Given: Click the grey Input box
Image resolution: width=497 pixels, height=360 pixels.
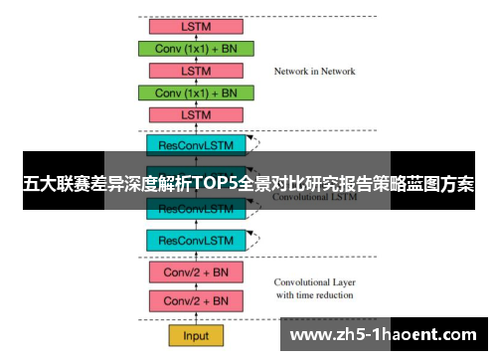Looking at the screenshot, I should pyautogui.click(x=196, y=334).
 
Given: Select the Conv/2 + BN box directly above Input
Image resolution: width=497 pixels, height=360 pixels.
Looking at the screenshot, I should pyautogui.click(x=196, y=301).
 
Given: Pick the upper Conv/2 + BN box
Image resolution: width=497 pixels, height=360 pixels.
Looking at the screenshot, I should pyautogui.click(x=196, y=270).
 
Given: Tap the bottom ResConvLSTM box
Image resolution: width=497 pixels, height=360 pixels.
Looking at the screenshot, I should pyautogui.click(x=196, y=240).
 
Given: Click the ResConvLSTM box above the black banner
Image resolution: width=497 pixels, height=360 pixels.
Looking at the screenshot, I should pyautogui.click(x=196, y=145).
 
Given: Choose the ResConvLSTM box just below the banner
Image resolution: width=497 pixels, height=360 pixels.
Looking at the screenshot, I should pyautogui.click(x=196, y=209).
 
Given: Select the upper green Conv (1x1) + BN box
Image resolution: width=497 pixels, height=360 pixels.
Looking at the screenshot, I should pyautogui.click(x=197, y=48).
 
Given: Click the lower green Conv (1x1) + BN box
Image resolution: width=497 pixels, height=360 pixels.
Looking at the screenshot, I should pyautogui.click(x=197, y=92).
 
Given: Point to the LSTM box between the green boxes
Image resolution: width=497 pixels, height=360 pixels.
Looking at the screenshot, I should pyautogui.click(x=196, y=71).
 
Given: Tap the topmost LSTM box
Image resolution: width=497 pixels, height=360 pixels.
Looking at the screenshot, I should pyautogui.click(x=196, y=27).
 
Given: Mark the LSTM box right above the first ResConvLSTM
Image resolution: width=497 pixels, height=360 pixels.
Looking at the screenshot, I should pyautogui.click(x=196, y=114).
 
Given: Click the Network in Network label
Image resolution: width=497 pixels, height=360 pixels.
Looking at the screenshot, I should pyautogui.click(x=314, y=72).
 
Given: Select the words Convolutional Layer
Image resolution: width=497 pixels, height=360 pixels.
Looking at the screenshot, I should pyautogui.click(x=313, y=280).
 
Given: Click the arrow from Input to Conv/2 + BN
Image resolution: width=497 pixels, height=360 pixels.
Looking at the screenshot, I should pyautogui.click(x=196, y=318).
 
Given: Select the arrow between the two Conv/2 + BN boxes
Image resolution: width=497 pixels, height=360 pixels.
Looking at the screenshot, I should pyautogui.click(x=196, y=286).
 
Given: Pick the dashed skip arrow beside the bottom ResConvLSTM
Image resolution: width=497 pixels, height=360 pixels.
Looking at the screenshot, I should pyautogui.click(x=257, y=235).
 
